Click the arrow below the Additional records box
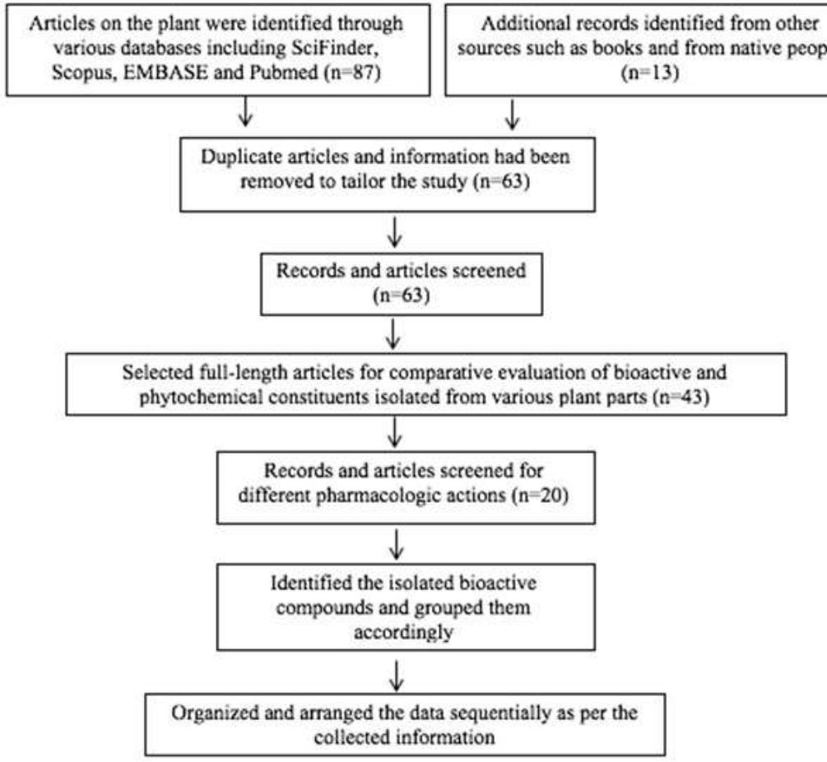(x=513, y=115)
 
